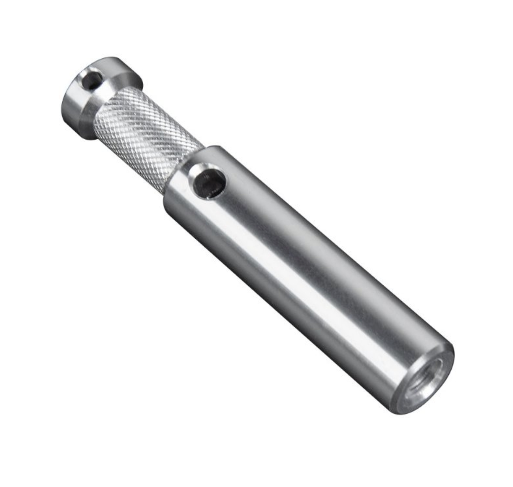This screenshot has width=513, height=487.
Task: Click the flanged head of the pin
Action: click(98, 95)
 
